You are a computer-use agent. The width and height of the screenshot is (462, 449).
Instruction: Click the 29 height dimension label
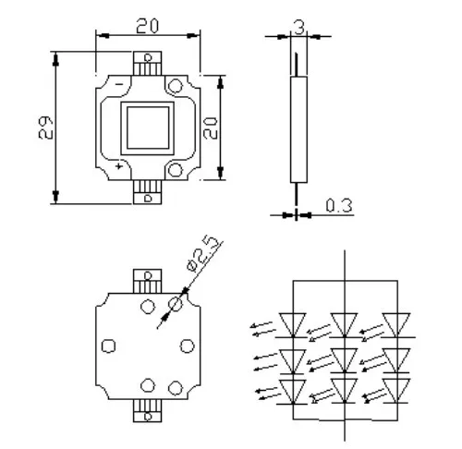[46, 127]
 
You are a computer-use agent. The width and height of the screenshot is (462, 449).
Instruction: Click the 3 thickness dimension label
[299, 27]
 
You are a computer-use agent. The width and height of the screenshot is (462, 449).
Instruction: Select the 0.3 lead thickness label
[339, 205]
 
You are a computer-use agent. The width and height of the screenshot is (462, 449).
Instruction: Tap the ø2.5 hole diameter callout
[204, 254]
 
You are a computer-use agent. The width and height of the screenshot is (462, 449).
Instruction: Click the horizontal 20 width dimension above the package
[148, 26]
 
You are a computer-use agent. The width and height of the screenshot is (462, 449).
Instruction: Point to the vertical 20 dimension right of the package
[211, 128]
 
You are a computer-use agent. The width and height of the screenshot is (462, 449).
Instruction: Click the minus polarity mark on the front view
[119, 84]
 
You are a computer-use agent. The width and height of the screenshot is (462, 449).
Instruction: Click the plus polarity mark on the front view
[119, 166]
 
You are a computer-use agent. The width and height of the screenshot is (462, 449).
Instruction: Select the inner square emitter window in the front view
[148, 127]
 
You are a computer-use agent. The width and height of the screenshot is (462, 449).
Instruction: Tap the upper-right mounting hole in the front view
[176, 86]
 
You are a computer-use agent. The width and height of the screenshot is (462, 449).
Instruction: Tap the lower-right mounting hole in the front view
[176, 170]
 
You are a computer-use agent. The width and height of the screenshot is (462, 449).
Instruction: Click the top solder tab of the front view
[148, 64]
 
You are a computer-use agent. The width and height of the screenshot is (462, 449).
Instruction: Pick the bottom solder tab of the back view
[148, 410]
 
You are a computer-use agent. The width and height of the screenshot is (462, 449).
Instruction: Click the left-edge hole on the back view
[108, 346]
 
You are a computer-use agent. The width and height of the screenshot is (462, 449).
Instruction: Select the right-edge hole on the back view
[187, 346]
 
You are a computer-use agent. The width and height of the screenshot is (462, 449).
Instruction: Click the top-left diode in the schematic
[293, 325]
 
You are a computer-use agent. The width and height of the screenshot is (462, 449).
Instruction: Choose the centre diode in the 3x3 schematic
[345, 360]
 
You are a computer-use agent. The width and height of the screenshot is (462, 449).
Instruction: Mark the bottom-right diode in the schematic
[397, 391]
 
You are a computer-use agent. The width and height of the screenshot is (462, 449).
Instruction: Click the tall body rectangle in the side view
[298, 129]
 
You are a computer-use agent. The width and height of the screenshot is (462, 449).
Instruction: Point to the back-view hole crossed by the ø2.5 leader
[176, 304]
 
